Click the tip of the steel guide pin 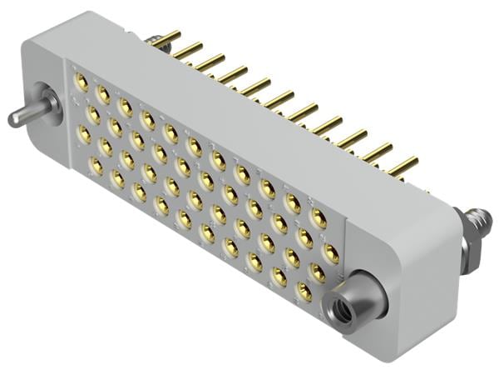pos(14,118)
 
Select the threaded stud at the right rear pos(479,223)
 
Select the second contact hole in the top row pos(103,94)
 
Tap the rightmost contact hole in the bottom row pos(304,292)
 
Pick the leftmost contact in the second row pos(93,109)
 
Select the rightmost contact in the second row pos(330,253)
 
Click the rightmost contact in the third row pos(317,272)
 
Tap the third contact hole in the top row pos(126,107)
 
